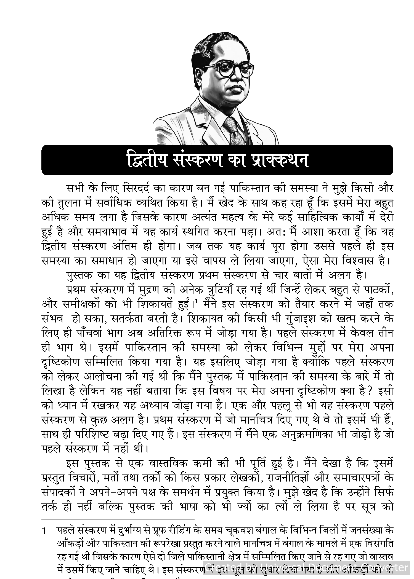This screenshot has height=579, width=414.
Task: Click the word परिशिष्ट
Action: pos(92,435)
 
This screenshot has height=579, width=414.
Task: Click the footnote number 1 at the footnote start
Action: pos(44,531)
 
